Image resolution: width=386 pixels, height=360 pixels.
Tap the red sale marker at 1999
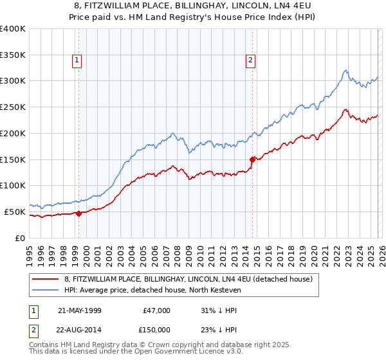(78, 213)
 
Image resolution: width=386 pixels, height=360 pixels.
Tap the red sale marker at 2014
(252, 159)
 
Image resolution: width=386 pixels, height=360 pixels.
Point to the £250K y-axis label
(13, 107)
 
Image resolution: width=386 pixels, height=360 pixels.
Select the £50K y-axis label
(15, 212)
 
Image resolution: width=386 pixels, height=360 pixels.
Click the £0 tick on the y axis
(21, 238)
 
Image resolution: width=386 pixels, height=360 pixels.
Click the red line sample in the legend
(46, 279)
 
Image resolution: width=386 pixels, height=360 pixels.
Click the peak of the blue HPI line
(345, 70)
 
